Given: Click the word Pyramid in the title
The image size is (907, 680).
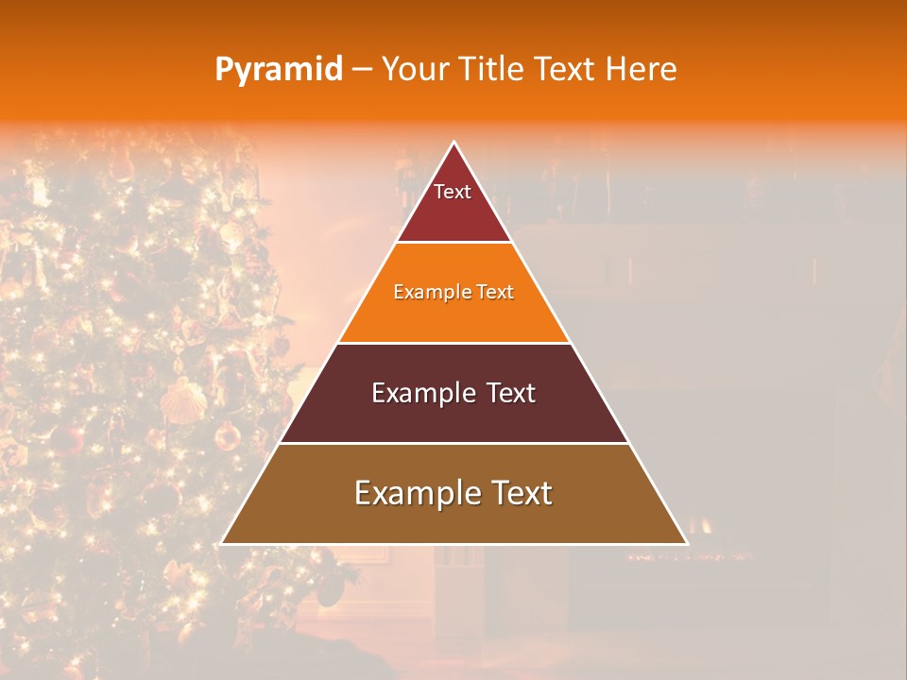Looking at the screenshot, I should tap(279, 70).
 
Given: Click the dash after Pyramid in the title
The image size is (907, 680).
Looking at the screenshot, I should tap(362, 70).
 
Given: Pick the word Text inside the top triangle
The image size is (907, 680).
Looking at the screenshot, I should tap(453, 192).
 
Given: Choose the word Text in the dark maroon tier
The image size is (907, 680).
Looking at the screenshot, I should tap(511, 393).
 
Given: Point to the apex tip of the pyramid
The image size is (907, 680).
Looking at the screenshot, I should tap(454, 143).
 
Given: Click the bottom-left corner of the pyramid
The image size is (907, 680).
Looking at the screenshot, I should tap(222, 544).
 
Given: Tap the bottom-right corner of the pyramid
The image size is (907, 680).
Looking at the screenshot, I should tap(686, 544).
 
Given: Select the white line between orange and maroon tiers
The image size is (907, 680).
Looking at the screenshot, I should tap(454, 343).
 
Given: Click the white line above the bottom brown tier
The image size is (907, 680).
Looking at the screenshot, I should tap(454, 443).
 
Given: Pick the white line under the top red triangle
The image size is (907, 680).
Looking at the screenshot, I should tap(454, 243).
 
